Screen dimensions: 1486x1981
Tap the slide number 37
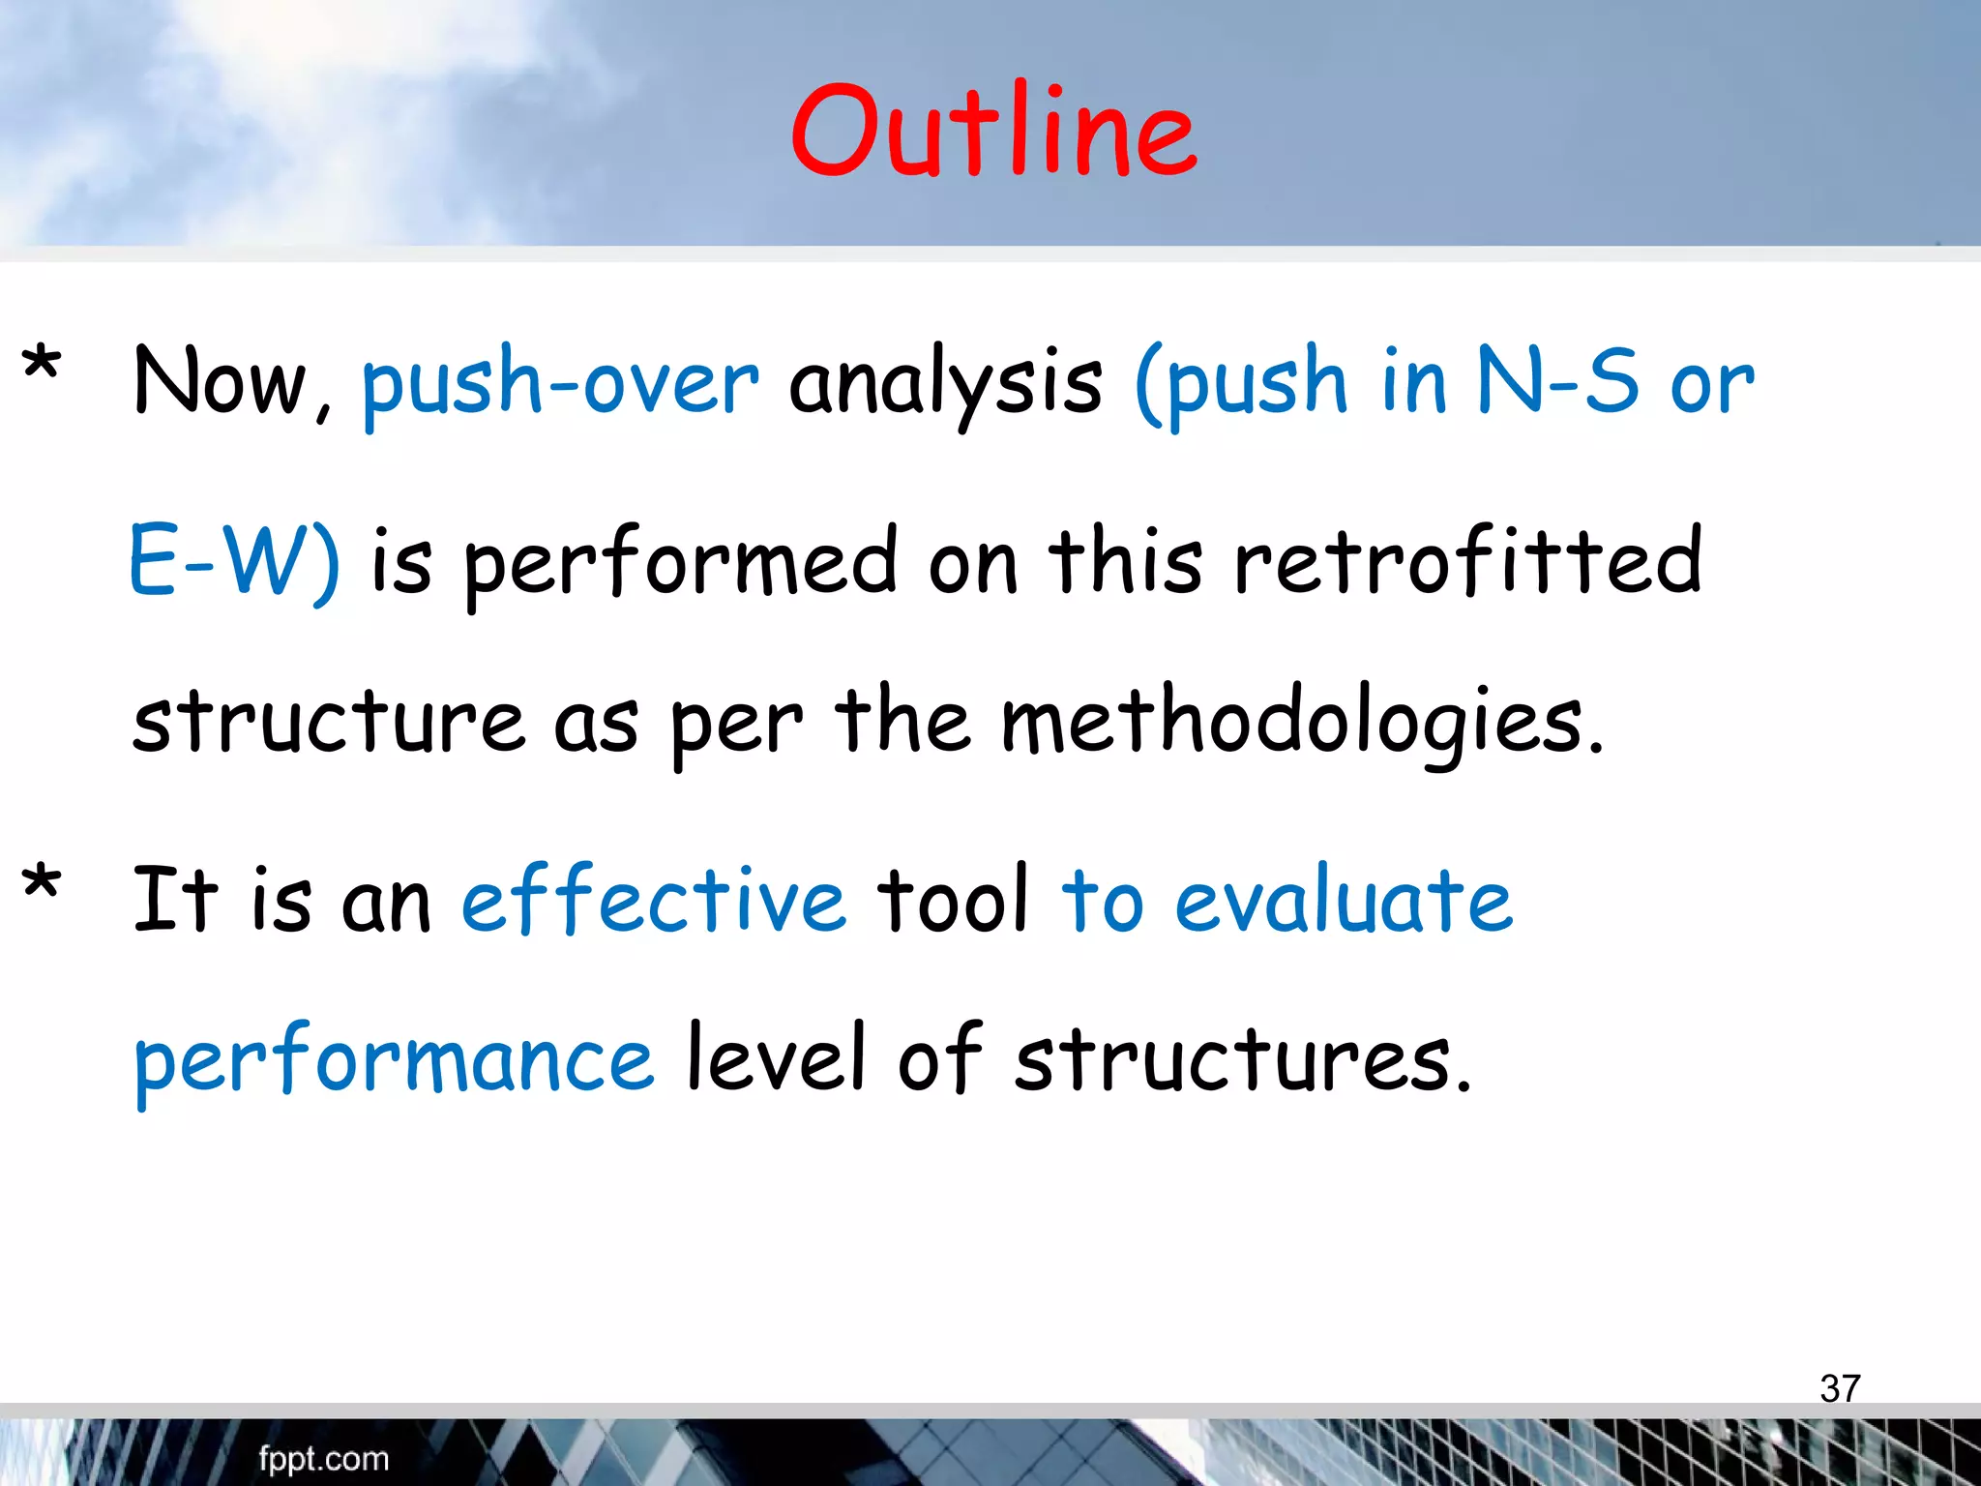click(x=1840, y=1388)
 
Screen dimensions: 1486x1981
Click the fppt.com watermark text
click(x=323, y=1459)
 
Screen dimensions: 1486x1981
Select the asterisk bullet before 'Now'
click(x=42, y=366)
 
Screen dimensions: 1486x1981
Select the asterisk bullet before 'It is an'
click(x=42, y=882)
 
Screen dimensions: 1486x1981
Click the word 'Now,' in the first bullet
click(x=232, y=383)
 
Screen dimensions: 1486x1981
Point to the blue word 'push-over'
click(x=560, y=383)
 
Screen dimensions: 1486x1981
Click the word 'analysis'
click(x=945, y=383)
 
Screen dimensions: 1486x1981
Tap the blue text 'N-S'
click(x=1558, y=381)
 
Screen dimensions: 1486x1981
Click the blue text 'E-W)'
click(x=234, y=561)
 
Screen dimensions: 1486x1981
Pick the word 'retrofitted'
click(x=1467, y=561)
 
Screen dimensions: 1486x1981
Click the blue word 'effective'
click(x=654, y=900)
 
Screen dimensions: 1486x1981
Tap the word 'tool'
click(x=952, y=900)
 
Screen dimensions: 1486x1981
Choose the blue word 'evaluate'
click(x=1344, y=900)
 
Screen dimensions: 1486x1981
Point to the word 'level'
click(x=775, y=1058)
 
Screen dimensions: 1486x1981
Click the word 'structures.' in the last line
click(x=1242, y=1060)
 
